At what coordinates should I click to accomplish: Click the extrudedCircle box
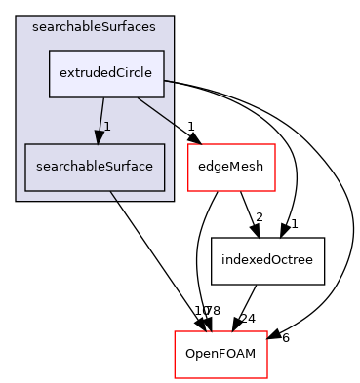(106, 74)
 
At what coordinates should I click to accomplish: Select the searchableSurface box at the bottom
(94, 167)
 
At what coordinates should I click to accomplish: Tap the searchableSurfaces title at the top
(94, 26)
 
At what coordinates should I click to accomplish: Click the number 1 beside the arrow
(107, 127)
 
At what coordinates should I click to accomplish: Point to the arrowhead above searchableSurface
(99, 136)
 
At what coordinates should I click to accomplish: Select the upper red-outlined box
(231, 168)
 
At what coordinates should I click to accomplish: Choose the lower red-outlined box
(220, 355)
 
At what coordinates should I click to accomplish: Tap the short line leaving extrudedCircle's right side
(169, 81)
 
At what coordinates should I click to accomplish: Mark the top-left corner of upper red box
(188, 144)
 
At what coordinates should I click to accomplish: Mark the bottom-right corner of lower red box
(267, 377)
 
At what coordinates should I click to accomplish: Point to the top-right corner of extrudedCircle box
(163, 51)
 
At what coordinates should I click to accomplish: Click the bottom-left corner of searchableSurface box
(24, 190)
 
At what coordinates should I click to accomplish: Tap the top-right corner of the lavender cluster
(174, 17)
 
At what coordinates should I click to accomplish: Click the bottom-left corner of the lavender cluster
(17, 201)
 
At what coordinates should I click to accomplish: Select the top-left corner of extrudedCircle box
(50, 51)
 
